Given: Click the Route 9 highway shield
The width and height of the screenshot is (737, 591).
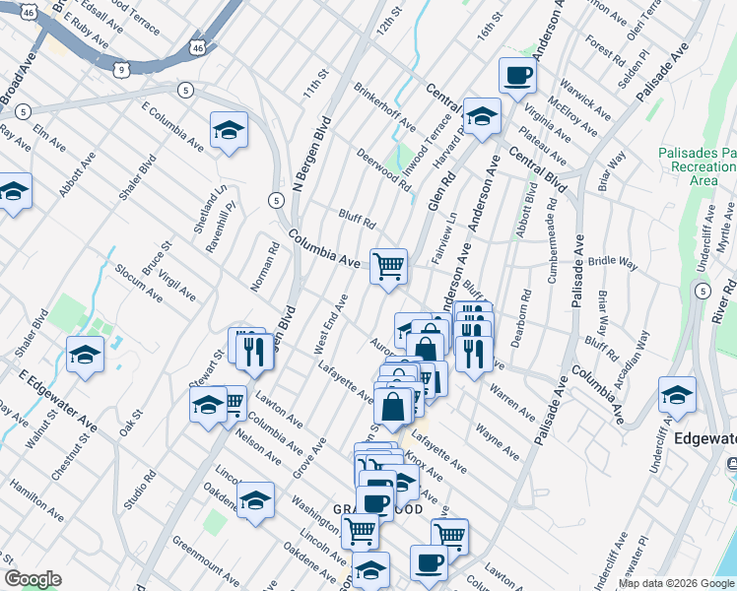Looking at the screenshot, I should (x=121, y=69).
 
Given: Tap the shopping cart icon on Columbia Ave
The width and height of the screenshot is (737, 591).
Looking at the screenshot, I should (x=388, y=265).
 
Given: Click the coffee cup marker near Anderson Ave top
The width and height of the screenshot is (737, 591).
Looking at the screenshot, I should (x=517, y=75).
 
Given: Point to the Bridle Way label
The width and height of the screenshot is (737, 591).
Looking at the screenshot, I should (x=613, y=263).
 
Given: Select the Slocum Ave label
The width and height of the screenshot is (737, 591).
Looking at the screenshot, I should (x=137, y=282).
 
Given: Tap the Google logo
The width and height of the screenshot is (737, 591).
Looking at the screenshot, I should (x=33, y=579).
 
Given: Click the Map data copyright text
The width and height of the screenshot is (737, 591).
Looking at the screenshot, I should (x=676, y=583).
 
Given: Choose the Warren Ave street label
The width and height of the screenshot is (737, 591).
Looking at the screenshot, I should (x=511, y=397).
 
